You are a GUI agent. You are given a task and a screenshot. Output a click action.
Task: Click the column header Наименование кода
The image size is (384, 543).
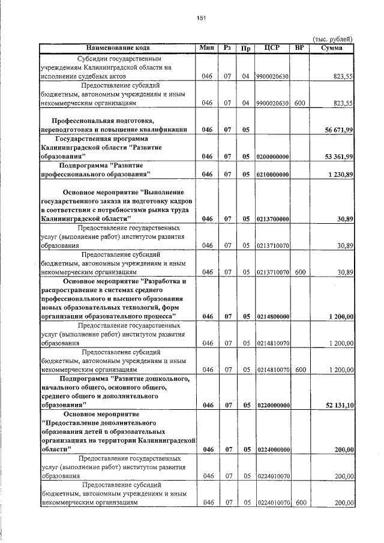118,47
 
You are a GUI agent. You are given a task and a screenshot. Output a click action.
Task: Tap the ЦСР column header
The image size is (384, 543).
272,47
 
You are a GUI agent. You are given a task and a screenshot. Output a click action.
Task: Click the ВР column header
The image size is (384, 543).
300,47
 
